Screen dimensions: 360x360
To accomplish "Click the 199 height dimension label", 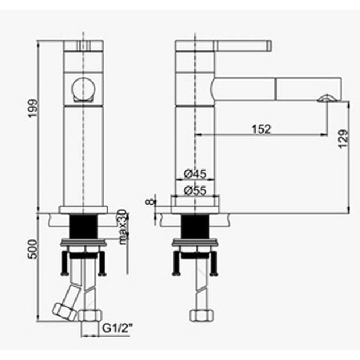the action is tap(33, 108).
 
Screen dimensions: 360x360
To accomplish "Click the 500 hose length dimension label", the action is tap(33, 249).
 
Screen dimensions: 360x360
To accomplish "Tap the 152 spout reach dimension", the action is tap(261, 129).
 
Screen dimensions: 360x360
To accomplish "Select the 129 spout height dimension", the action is tap(344, 139).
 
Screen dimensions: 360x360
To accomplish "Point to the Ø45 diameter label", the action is tap(196, 174).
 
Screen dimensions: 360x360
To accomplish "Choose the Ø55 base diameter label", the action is tap(196, 190).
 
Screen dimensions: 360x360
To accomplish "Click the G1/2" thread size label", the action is tap(117, 328).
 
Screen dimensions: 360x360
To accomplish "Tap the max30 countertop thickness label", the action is tap(123, 227).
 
